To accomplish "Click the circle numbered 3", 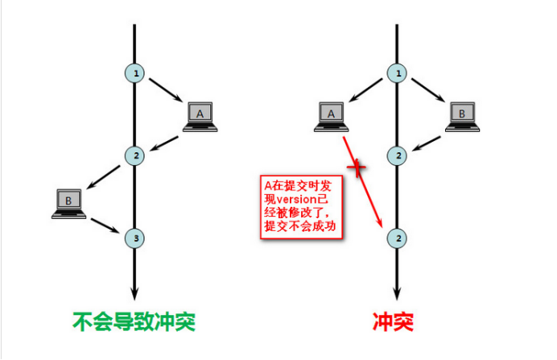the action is click(135, 238).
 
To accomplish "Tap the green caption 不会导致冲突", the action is click(134, 321).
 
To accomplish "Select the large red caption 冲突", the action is click(393, 321).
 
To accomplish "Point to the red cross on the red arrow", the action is click(357, 168).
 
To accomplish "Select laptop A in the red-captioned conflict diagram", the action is click(330, 116).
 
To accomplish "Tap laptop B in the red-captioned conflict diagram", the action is click(461, 116).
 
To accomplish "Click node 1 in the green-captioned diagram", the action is click(135, 74).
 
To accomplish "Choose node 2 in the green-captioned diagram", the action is click(135, 155).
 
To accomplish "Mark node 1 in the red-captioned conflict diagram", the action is click(396, 74).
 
